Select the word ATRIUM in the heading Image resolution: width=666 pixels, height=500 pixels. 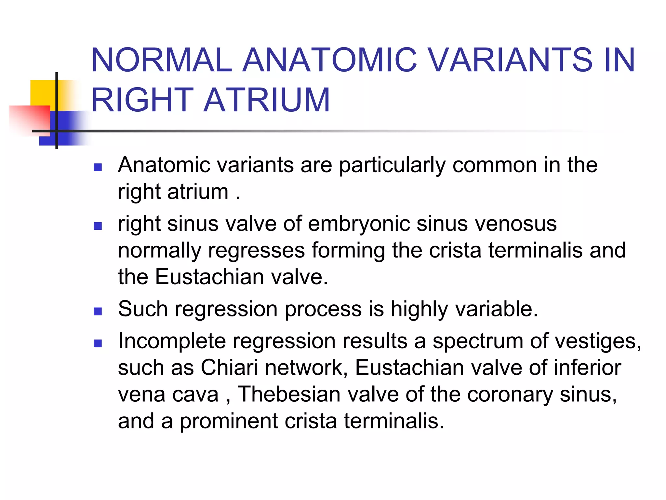click(x=267, y=100)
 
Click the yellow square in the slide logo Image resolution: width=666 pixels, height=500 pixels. click(x=42, y=93)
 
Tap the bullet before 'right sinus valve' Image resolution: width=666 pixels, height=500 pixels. click(x=98, y=226)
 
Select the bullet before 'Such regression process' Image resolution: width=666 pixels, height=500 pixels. click(x=98, y=311)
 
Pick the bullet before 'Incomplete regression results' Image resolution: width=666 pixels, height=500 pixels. click(x=98, y=343)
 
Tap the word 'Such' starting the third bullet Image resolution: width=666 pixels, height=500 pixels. click(x=143, y=309)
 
